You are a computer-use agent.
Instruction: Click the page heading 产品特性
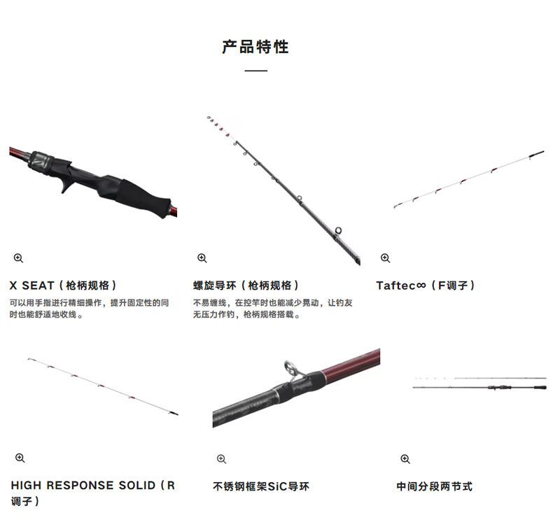[x=255, y=47]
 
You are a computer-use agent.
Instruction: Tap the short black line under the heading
[x=255, y=71]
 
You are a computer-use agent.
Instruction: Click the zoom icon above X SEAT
[x=18, y=258]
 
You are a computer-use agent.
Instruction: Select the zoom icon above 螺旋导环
[x=202, y=258]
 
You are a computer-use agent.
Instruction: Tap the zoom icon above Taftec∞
[x=385, y=258]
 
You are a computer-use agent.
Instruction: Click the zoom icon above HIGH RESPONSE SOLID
[x=20, y=458]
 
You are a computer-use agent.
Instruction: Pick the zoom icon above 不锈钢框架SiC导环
[x=221, y=459]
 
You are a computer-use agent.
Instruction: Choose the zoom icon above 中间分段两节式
[x=405, y=459]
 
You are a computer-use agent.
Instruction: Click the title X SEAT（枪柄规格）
[x=63, y=286]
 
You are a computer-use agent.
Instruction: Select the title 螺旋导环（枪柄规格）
[x=246, y=286]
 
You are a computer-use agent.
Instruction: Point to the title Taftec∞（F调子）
[x=426, y=286]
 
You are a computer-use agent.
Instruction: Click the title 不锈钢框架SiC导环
[x=260, y=486]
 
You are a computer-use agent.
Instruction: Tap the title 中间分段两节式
[x=434, y=486]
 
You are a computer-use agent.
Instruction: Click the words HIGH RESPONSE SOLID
[x=83, y=485]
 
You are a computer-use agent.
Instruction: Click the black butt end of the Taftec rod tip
[x=537, y=153]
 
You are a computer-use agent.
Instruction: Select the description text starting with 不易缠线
[x=272, y=309]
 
